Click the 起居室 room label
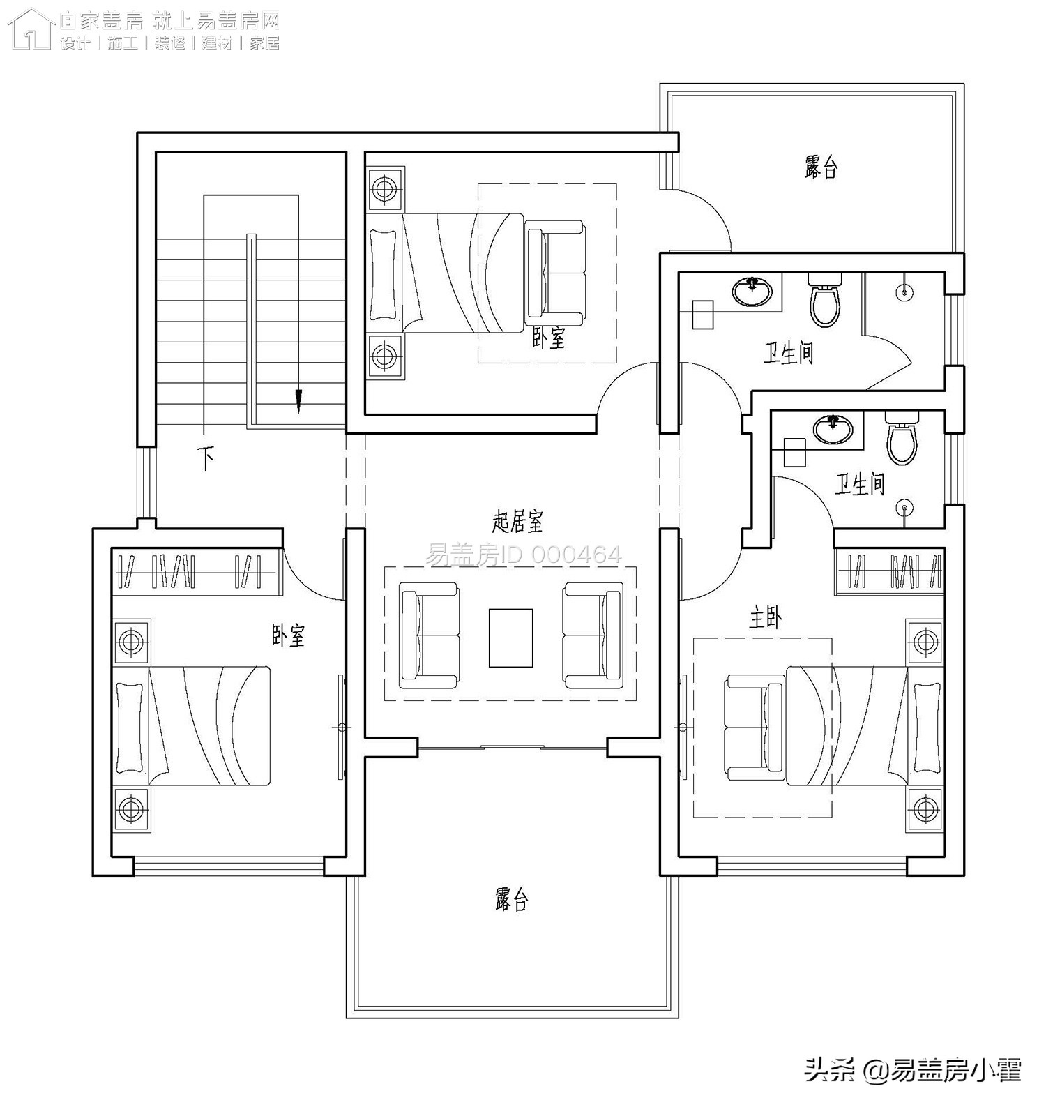[x=517, y=520]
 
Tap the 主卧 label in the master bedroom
[x=765, y=618]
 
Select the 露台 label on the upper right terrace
[x=821, y=167]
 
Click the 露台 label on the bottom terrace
[x=512, y=899]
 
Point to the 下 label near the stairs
[x=206, y=458]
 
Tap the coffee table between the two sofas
[x=510, y=638]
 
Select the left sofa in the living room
[x=429, y=635]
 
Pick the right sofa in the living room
[x=593, y=635]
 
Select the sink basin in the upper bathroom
[x=752, y=290]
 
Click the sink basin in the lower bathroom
[x=833, y=429]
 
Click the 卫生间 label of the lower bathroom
[x=859, y=484]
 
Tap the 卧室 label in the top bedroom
[x=548, y=338]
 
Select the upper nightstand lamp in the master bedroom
[x=925, y=640]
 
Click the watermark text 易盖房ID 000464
[x=523, y=555]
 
